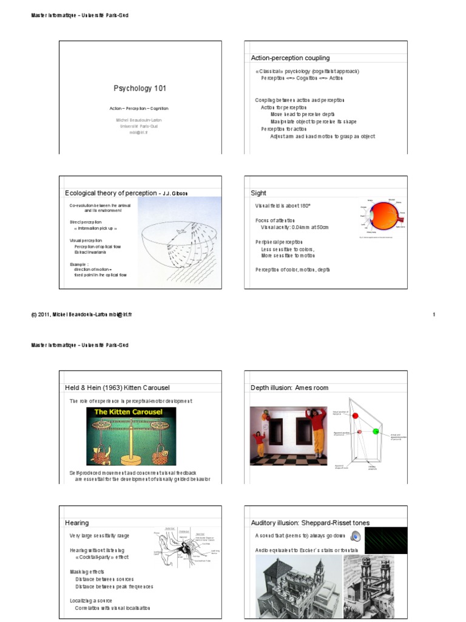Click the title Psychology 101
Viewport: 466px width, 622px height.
click(x=140, y=88)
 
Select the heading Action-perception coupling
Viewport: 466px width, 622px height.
click(x=290, y=58)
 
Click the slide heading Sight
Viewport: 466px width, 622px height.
click(x=258, y=193)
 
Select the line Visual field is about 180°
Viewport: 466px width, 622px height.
click(x=283, y=207)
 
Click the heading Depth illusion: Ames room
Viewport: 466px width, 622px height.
click(x=289, y=388)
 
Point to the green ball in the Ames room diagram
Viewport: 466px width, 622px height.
click(x=376, y=431)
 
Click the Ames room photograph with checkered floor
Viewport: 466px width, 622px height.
click(x=288, y=436)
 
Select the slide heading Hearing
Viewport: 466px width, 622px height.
click(x=76, y=522)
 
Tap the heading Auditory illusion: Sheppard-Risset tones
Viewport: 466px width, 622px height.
click(x=310, y=522)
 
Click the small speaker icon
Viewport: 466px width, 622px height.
click(x=356, y=536)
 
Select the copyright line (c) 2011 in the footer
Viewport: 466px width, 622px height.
click(x=82, y=315)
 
